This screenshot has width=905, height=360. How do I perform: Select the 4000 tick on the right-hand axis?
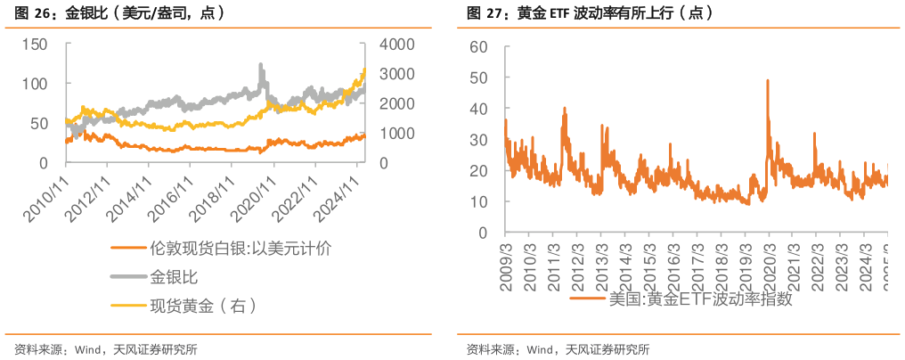(395, 44)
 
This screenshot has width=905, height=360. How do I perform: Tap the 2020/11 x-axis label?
(253, 194)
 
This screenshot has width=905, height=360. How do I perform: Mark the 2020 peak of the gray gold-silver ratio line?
(261, 64)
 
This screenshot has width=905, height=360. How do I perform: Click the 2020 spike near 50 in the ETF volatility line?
(768, 80)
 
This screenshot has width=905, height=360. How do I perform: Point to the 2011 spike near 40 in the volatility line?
(565, 108)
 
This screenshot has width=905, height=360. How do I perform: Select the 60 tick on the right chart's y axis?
(479, 46)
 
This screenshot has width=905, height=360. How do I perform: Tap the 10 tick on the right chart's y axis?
(479, 202)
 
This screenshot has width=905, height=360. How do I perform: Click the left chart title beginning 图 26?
(116, 14)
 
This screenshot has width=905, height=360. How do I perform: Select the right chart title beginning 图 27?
(589, 14)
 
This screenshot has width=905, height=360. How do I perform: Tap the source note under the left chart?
(106, 348)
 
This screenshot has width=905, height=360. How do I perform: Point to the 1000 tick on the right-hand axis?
(395, 133)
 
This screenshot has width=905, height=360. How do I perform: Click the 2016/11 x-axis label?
(170, 194)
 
